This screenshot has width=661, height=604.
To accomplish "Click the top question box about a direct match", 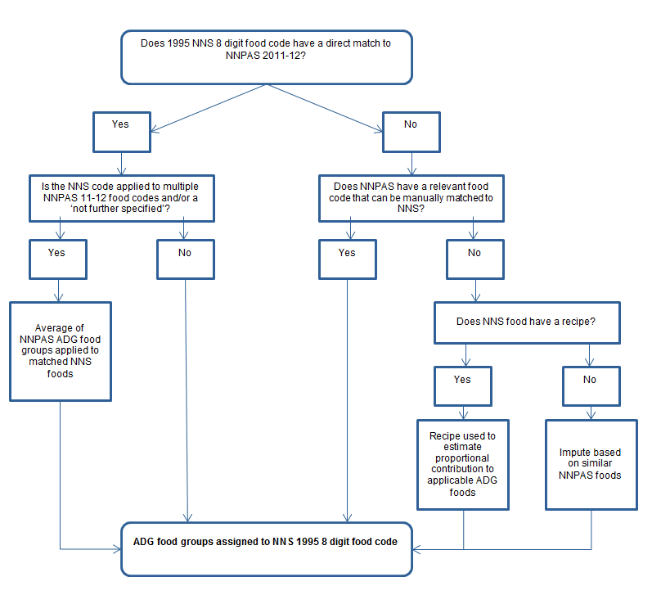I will pos(266,56).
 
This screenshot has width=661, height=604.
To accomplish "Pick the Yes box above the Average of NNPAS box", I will pos(57,259).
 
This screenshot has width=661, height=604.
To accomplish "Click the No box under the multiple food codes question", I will pos(185,259).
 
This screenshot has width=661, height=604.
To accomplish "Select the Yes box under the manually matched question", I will pos(347,259).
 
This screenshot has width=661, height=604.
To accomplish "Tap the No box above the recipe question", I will pos(474,259).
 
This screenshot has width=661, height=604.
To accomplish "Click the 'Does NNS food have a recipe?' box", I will pos(525,322).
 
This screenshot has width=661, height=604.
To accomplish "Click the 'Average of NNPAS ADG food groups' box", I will pos(61,350).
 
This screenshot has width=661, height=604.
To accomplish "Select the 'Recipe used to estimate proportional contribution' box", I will pos(462,463).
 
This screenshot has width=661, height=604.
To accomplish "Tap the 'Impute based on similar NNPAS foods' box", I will pos(590,463).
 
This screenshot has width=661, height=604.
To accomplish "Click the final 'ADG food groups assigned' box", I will pos(266,548).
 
